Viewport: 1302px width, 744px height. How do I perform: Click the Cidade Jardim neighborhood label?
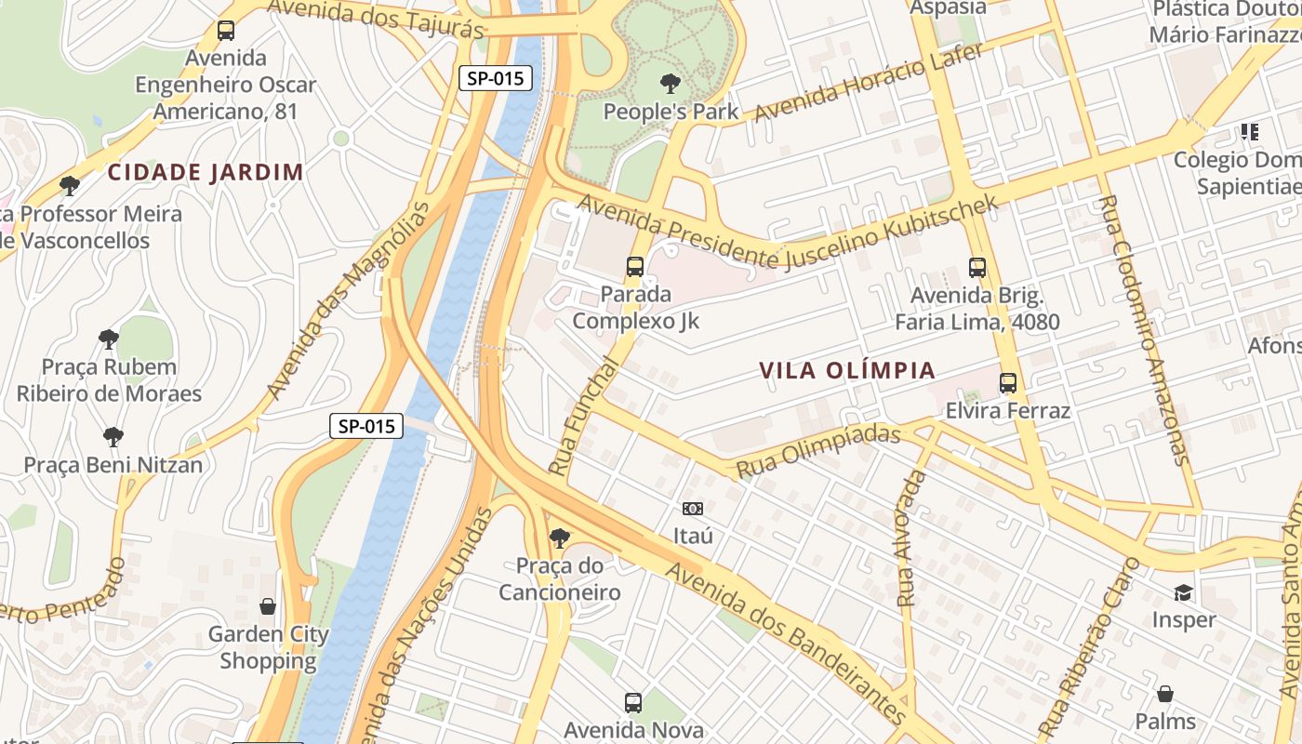coord(206,172)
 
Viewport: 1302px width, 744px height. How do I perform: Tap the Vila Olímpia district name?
coord(847,370)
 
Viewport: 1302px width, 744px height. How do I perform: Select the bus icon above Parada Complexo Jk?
coord(635,267)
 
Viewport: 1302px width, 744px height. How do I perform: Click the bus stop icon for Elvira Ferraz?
coord(1008,382)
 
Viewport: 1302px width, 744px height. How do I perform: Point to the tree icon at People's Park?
coord(670,85)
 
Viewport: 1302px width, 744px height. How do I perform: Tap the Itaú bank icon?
coord(693,509)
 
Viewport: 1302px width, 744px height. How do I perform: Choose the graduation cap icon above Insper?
coord(1183,592)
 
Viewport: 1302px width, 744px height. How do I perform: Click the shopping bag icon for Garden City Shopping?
coord(268,606)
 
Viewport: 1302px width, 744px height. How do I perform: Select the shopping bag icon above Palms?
coord(1165,694)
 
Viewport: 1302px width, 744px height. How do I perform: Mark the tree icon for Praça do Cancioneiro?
coord(559,538)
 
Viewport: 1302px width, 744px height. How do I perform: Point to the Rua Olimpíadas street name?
coord(818,451)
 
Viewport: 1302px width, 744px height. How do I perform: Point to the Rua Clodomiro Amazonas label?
coord(1143,330)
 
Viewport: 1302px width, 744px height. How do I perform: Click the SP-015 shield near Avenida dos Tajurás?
coord(496,78)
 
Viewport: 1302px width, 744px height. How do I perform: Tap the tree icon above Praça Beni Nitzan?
coord(113,436)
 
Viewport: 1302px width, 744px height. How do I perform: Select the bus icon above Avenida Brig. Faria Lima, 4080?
coord(977,268)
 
